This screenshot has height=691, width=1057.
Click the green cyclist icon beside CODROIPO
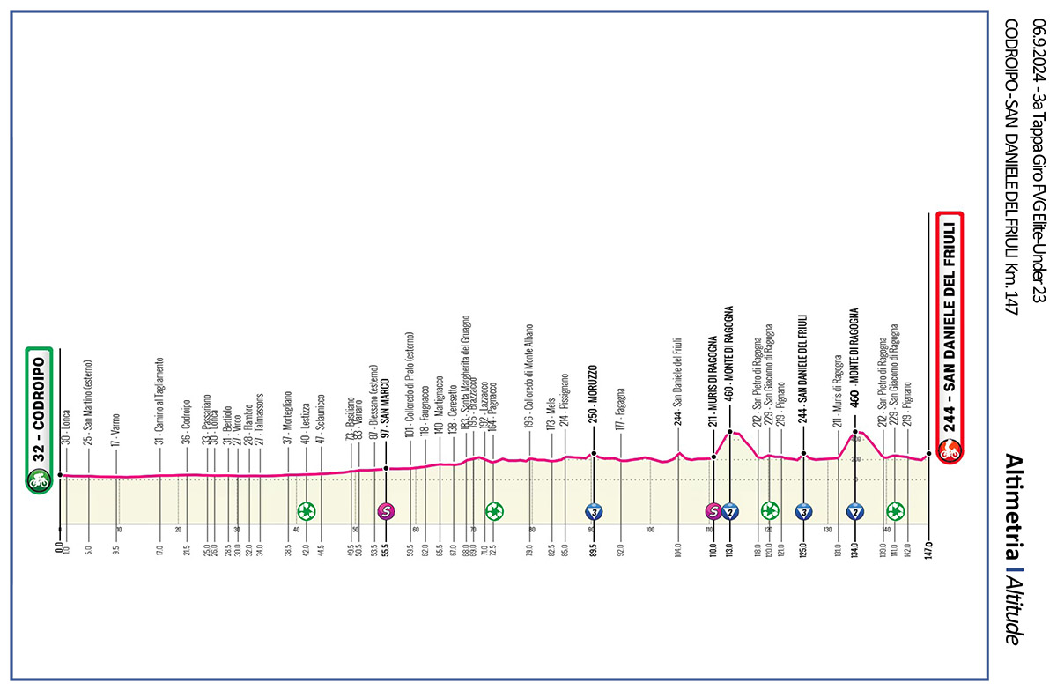click(x=38, y=481)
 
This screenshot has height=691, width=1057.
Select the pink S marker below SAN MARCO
click(x=385, y=510)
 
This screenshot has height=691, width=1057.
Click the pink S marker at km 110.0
click(x=713, y=510)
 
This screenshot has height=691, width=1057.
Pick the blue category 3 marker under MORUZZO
click(x=595, y=510)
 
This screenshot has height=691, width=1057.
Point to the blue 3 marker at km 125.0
click(x=803, y=510)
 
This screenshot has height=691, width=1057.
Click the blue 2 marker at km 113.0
click(x=729, y=510)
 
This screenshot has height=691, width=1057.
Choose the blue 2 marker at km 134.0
click(x=854, y=510)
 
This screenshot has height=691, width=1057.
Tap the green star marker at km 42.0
click(x=306, y=510)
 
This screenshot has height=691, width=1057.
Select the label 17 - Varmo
click(x=115, y=432)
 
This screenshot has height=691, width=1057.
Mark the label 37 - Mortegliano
click(x=287, y=418)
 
